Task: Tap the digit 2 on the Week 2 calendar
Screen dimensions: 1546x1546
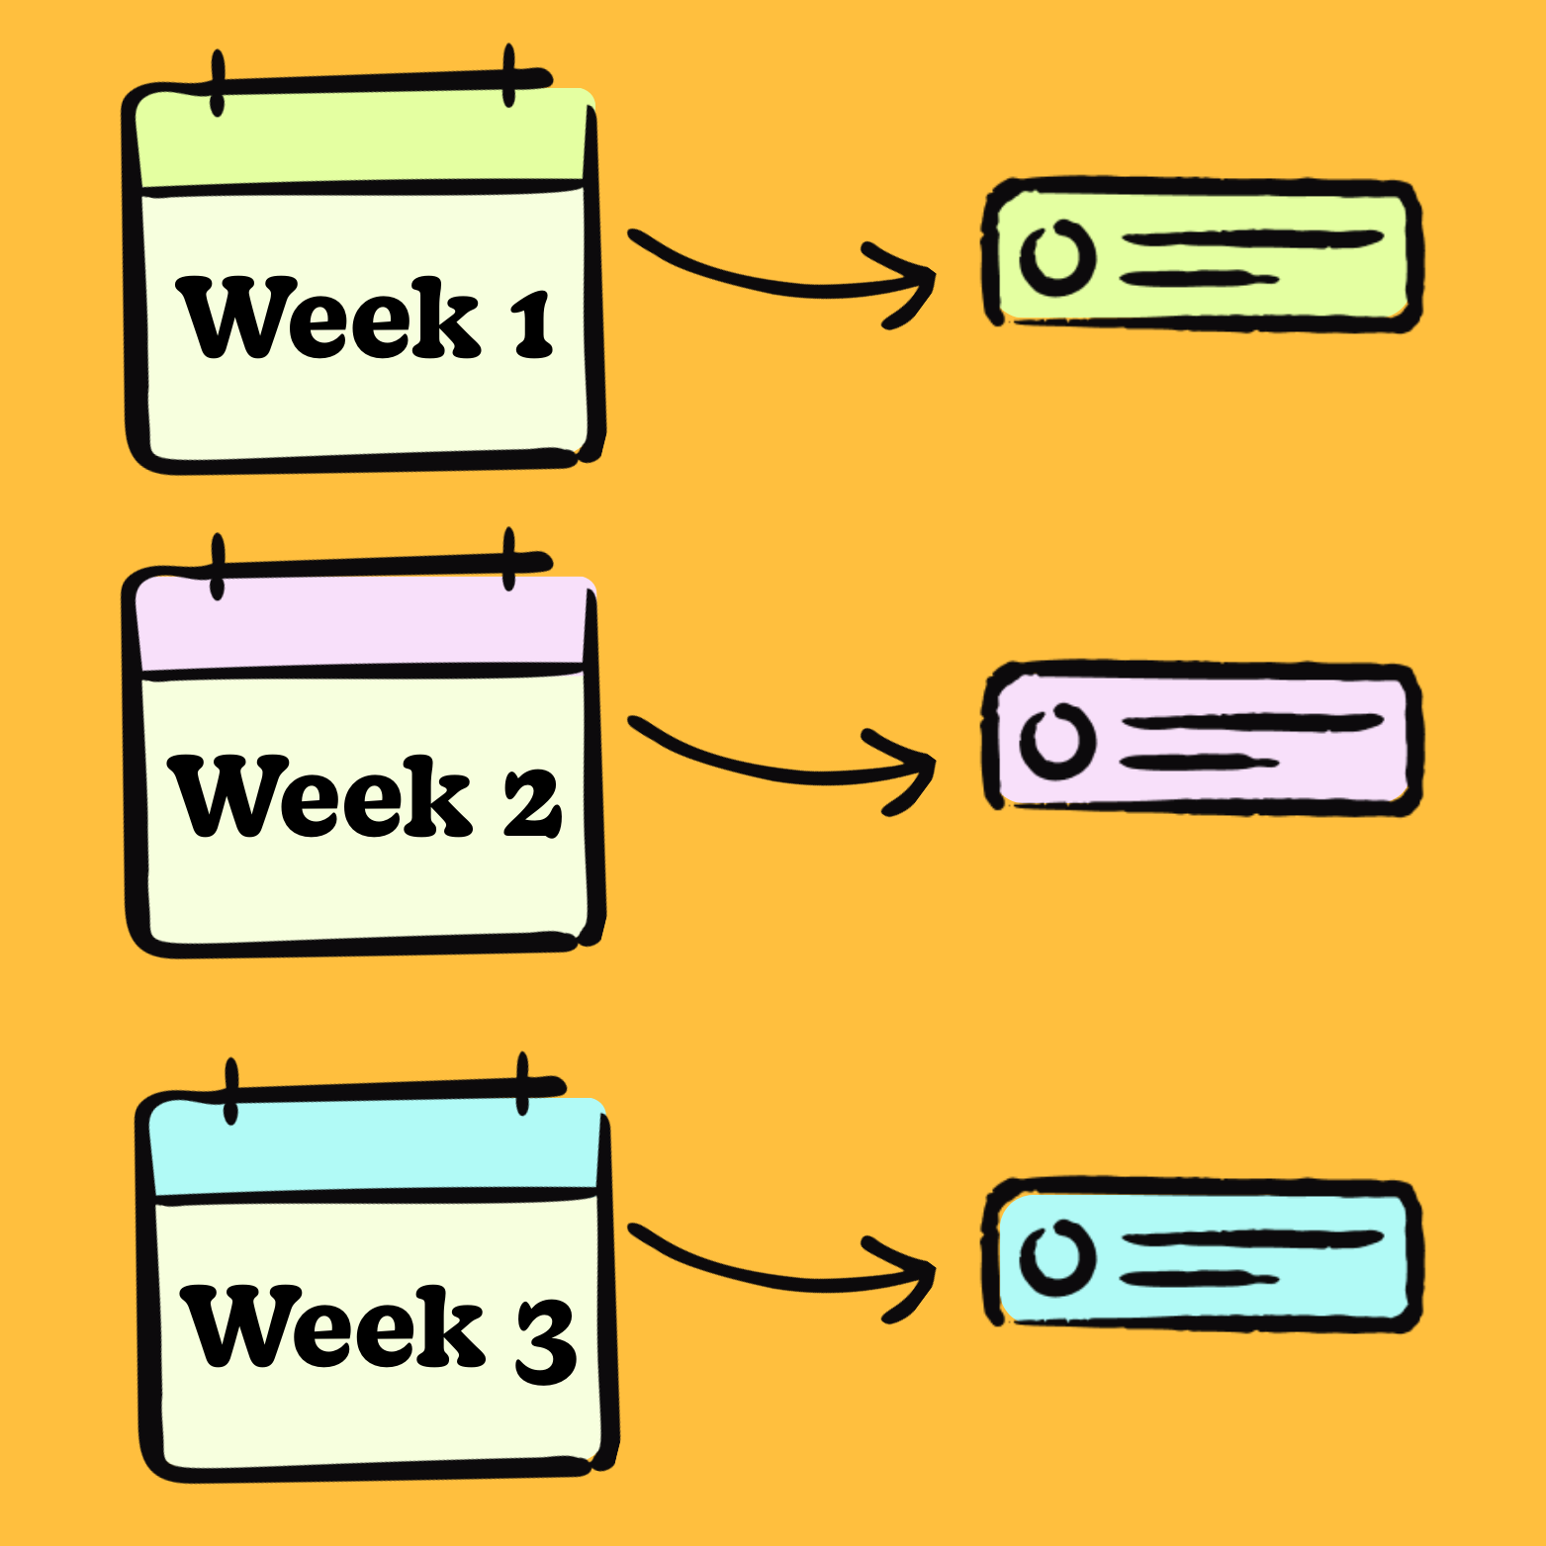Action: click(533, 802)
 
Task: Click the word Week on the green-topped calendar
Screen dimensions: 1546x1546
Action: click(327, 318)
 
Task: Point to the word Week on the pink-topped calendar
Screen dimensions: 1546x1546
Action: click(321, 796)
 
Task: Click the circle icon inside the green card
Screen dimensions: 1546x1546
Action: click(1057, 257)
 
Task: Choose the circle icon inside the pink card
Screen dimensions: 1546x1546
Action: click(1057, 741)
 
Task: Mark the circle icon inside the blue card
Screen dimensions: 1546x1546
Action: click(1057, 1257)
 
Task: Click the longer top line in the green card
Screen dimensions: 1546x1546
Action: click(1252, 239)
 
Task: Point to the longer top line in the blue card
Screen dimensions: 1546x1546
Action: click(1252, 1238)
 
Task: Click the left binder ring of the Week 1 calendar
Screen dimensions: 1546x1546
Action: click(218, 84)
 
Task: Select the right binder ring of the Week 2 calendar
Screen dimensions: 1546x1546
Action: click(509, 559)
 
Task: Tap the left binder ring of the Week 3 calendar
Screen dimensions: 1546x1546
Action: click(231, 1091)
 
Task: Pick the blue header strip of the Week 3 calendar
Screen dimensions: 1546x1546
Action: click(376, 1147)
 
